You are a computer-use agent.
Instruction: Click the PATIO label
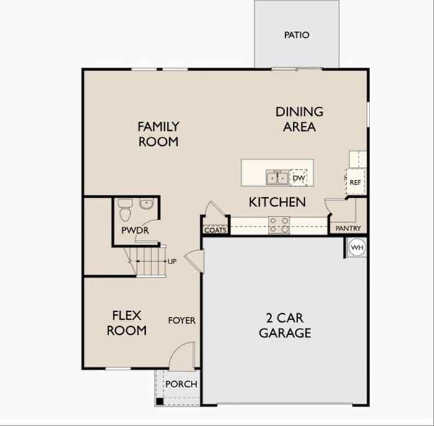tap(296, 35)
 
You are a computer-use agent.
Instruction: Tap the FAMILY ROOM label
tap(158, 134)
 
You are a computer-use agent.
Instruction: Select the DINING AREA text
tap(299, 119)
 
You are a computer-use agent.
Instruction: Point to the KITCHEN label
tap(277, 202)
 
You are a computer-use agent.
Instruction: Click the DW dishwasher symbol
tap(299, 178)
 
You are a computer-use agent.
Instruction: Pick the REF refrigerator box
tap(355, 183)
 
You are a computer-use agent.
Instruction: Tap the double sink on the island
tap(277, 178)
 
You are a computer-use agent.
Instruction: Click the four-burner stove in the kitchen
tap(279, 224)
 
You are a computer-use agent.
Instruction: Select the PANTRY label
tap(348, 229)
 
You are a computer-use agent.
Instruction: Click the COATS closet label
tap(215, 230)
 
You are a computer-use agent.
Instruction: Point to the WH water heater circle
tap(356, 247)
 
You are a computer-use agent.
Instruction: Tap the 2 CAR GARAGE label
tap(285, 326)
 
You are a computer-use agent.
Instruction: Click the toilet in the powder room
tap(125, 211)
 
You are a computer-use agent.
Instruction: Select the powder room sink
tap(147, 203)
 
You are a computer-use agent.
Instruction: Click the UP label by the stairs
tap(172, 262)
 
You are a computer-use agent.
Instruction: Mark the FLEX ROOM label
tap(126, 322)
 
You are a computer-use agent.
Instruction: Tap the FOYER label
tap(182, 321)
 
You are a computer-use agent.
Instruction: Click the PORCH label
tap(182, 384)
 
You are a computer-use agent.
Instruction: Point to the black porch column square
tap(160, 401)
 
